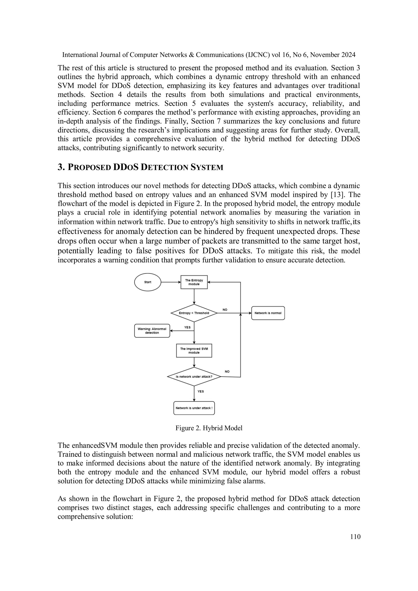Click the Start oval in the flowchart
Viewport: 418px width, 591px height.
coord(148,282)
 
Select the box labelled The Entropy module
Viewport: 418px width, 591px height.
coord(194,282)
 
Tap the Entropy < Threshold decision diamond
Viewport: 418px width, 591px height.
coord(194,313)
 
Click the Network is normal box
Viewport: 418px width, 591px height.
coord(268,313)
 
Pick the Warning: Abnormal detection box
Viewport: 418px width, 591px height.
coord(152,331)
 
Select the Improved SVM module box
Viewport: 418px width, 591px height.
coord(194,351)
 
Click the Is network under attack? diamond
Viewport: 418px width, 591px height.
coord(194,377)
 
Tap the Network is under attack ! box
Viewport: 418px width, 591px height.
coord(194,408)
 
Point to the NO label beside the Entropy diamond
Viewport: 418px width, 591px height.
coord(225,310)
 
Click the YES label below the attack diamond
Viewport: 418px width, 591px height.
coord(200,391)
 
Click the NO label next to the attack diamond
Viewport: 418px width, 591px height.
coord(227,372)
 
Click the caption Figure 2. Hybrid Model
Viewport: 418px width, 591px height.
coord(209,428)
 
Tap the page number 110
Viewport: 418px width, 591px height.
coord(355,537)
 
